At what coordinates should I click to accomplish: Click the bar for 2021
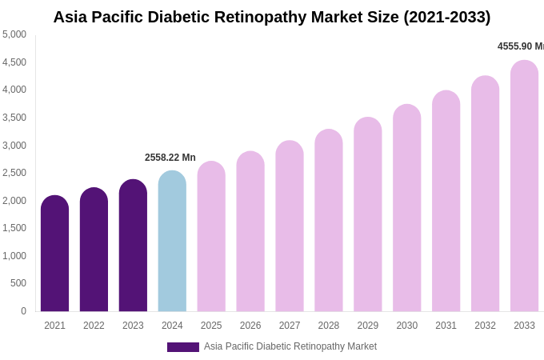[x=54, y=254]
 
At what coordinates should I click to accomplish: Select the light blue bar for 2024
[x=172, y=241]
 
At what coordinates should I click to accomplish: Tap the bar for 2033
[x=524, y=186]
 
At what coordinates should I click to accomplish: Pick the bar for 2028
[x=329, y=220]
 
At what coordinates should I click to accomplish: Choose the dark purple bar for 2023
[x=133, y=246]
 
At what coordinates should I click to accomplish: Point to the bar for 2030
[x=406, y=208]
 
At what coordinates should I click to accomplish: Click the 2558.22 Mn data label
[x=170, y=158]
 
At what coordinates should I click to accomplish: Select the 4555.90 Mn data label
[x=520, y=46]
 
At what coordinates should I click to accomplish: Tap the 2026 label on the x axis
[x=250, y=326]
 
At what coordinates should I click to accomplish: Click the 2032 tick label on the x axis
[x=485, y=326]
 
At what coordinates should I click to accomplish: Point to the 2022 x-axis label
[x=94, y=326]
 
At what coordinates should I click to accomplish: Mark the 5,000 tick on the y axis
[x=14, y=34]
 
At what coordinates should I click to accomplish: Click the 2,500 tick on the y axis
[x=14, y=173]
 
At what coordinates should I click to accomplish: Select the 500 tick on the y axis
[x=18, y=283]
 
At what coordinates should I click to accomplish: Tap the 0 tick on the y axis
[x=23, y=311]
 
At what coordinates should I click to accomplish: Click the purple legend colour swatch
[x=182, y=347]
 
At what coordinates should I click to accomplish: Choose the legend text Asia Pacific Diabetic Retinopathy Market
[x=290, y=346]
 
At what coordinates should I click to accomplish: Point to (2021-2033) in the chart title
[x=446, y=17]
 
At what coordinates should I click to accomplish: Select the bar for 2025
[x=211, y=236]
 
